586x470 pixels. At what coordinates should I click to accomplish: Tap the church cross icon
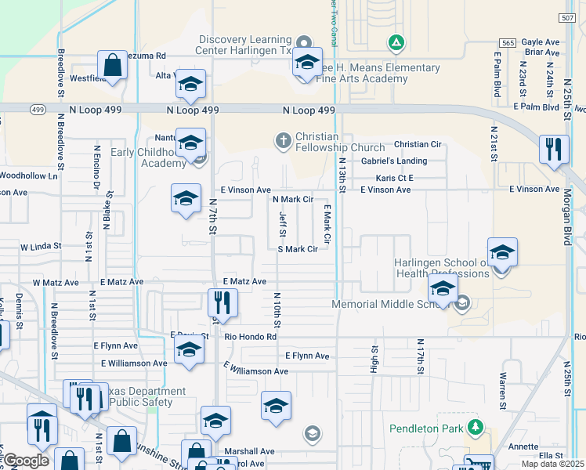282,141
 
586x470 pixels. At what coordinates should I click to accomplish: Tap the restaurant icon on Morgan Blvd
554,149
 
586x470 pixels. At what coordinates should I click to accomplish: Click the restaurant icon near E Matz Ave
222,302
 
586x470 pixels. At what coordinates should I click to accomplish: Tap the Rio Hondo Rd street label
251,337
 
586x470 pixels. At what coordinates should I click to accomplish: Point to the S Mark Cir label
298,249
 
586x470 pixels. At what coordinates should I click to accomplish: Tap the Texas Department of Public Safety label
141,396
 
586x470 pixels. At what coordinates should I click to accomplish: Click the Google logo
26,461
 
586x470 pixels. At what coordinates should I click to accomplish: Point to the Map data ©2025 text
553,464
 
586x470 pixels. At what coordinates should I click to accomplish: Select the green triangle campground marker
396,42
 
